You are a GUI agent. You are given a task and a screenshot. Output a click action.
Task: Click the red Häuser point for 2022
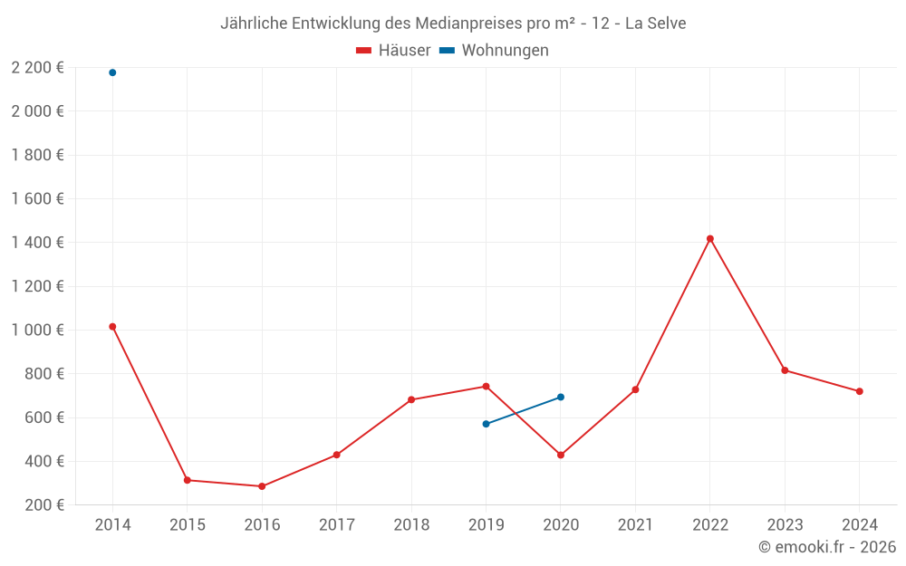710,239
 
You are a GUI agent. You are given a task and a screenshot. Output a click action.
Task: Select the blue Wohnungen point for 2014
112,72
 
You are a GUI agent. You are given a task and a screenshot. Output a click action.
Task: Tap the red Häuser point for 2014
112,327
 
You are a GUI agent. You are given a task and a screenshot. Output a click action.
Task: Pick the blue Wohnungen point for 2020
561,398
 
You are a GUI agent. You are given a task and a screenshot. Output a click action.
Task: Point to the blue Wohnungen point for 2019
487,424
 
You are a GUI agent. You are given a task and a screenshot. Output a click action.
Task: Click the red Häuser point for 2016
262,486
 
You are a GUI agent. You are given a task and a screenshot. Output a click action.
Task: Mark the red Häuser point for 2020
561,456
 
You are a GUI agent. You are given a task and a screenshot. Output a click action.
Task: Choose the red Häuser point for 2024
860,391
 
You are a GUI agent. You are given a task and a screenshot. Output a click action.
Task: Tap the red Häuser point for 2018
411,399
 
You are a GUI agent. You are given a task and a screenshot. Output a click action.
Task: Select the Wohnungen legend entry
495,51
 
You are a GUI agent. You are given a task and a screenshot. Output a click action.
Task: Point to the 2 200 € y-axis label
37,67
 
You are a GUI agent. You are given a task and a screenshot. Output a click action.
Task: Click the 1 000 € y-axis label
37,330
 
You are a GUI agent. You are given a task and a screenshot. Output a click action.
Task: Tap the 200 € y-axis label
43,504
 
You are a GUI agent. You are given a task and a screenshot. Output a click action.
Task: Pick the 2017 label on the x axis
337,525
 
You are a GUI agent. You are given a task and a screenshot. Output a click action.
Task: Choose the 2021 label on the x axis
635,525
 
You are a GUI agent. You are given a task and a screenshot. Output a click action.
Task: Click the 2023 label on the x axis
785,525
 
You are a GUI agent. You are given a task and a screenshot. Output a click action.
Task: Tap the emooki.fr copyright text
827,547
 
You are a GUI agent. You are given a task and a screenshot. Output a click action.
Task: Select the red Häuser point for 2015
188,480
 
